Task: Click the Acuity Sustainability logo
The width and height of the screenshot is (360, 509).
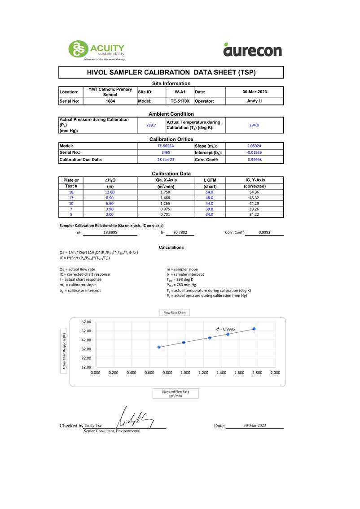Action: point(96,50)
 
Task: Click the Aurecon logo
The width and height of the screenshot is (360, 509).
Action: point(252,50)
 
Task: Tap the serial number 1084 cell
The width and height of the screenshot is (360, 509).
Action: point(110,101)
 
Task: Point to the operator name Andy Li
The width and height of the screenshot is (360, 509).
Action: point(255,101)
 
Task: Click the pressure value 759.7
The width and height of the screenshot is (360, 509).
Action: point(151,125)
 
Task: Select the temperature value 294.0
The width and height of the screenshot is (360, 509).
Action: point(254,125)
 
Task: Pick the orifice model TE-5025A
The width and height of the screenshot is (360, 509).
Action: point(166,146)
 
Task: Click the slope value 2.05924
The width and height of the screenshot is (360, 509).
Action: point(254,146)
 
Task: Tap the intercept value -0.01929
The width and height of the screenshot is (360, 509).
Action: point(254,152)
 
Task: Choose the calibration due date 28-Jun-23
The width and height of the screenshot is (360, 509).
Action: point(166,159)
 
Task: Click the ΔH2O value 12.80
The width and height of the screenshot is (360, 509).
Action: point(110,192)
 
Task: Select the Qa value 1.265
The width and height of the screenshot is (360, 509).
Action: point(165,203)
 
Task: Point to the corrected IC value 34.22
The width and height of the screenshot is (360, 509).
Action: point(255,214)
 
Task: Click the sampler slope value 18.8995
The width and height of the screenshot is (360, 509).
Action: point(110,233)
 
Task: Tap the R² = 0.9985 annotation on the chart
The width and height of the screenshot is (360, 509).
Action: point(225,329)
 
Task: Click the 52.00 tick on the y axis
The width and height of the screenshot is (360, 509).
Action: point(86,331)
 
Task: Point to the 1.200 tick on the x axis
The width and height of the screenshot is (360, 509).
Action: point(203,373)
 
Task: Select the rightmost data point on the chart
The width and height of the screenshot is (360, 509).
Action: point(254,329)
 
